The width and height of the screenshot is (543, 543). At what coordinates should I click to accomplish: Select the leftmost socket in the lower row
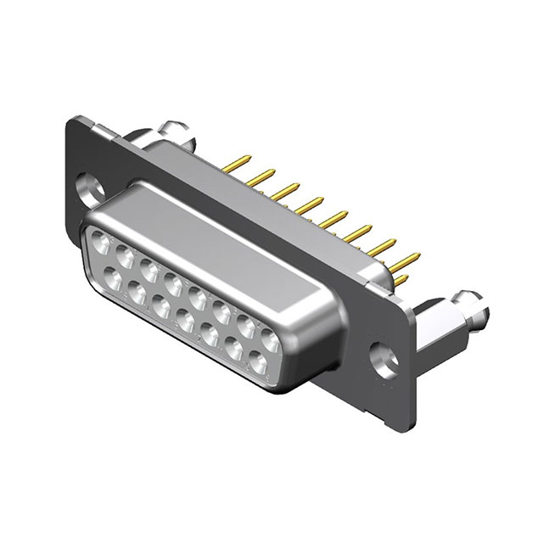[112, 275]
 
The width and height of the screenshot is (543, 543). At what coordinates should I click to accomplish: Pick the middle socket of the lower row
[185, 316]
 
